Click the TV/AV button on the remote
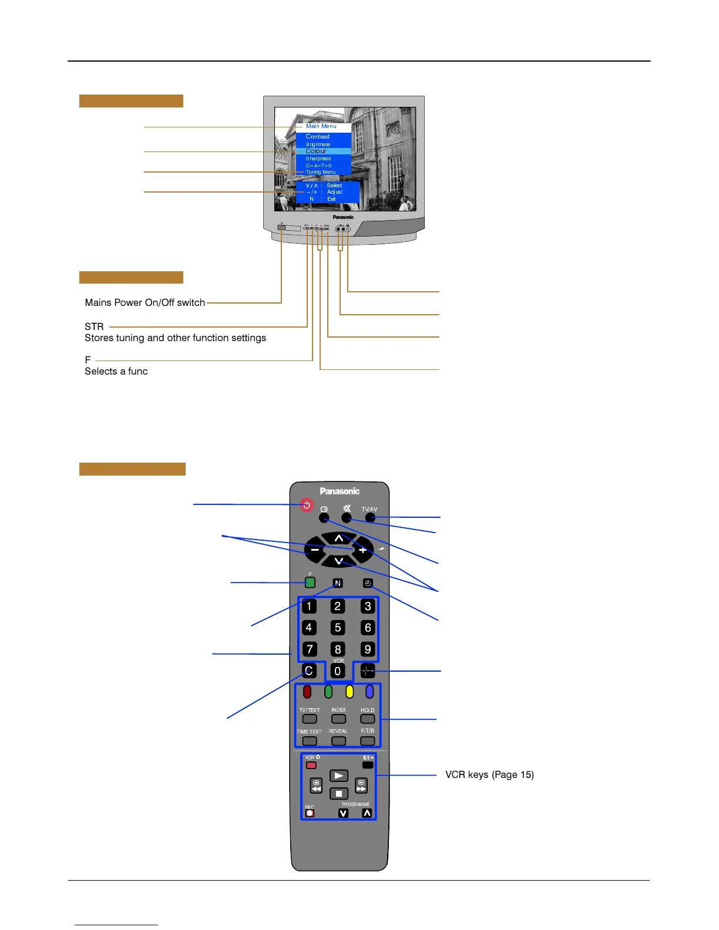pyautogui.click(x=370, y=517)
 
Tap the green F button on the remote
pyautogui.click(x=310, y=582)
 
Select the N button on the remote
pyautogui.click(x=338, y=583)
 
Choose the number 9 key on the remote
pyautogui.click(x=368, y=649)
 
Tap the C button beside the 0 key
pyautogui.click(x=309, y=670)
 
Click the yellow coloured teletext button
pyautogui.click(x=350, y=692)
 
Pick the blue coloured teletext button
pyautogui.click(x=369, y=692)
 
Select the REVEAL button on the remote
pyautogui.click(x=338, y=741)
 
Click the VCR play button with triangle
pyautogui.click(x=339, y=776)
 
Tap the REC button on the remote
pyautogui.click(x=310, y=813)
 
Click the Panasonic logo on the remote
pyautogui.click(x=340, y=491)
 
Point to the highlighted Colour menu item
pyautogui.click(x=322, y=151)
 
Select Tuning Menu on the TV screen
pyautogui.click(x=321, y=172)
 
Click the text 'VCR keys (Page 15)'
pyautogui.click(x=489, y=774)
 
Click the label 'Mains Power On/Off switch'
pyautogui.click(x=145, y=302)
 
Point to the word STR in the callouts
pyautogui.click(x=94, y=326)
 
